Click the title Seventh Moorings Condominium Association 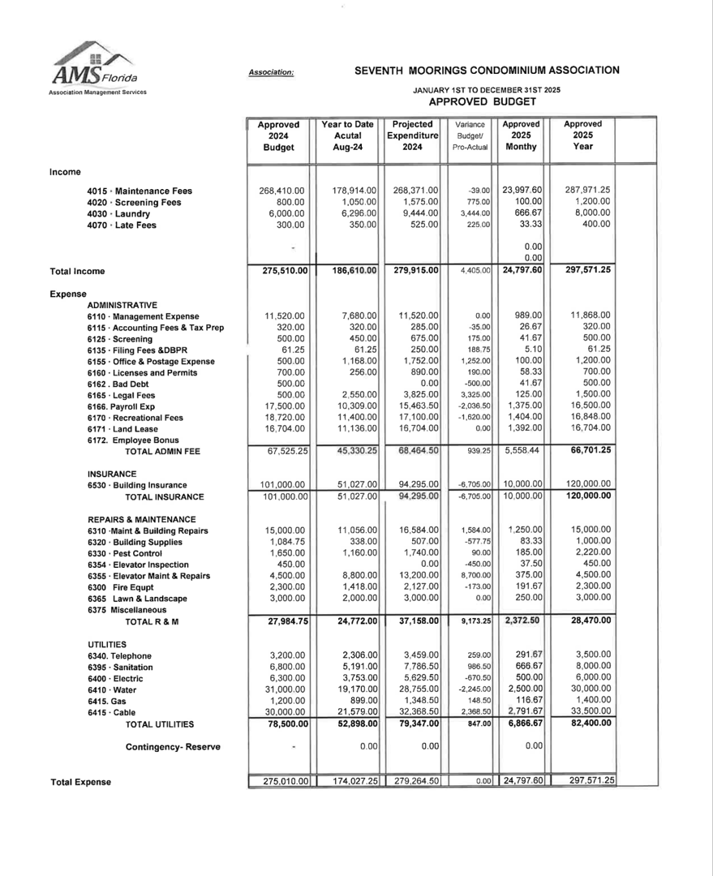tap(487, 71)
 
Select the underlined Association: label tap(272, 72)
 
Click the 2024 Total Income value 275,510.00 tap(278, 271)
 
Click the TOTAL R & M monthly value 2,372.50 tap(521, 620)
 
